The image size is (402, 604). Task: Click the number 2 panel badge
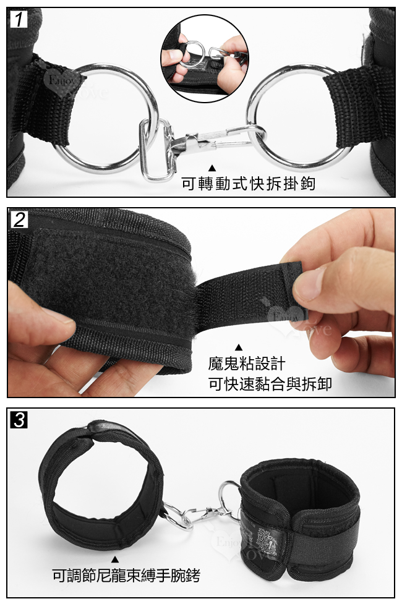19,219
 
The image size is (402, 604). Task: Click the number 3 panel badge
19,420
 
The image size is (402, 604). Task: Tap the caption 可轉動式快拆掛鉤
247,184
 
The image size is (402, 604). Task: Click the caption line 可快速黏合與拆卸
270,385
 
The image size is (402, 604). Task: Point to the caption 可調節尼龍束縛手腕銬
126,576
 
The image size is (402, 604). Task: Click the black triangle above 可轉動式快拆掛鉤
212,168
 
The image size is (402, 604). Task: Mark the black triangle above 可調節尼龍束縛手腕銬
115,559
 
